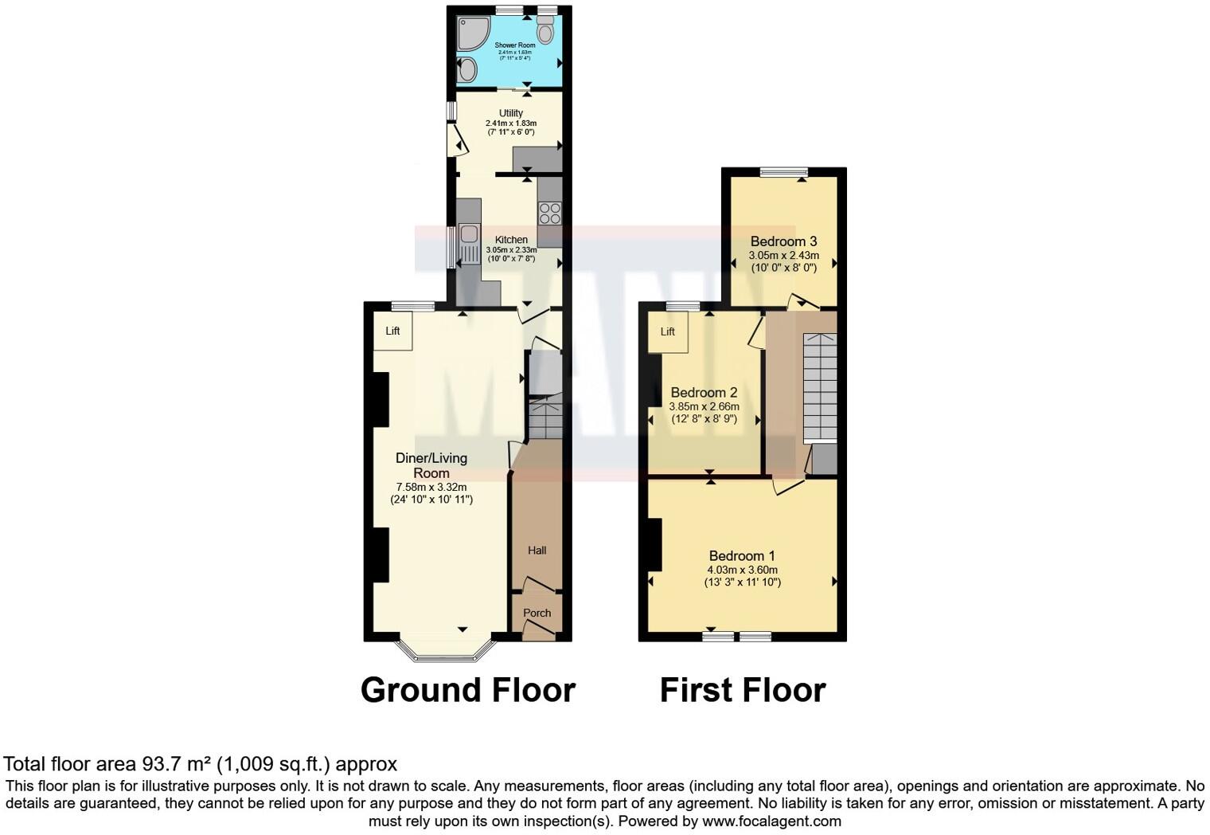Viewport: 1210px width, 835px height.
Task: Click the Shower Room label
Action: pos(514,45)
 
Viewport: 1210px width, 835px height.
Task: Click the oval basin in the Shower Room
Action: pos(466,69)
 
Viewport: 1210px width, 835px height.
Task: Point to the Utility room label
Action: pos(511,113)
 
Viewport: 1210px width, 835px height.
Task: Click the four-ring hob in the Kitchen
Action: pos(549,213)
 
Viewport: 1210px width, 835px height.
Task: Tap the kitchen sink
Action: pos(467,233)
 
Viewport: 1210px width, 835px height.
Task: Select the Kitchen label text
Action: pos(511,240)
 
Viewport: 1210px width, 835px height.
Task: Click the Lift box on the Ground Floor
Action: pos(393,331)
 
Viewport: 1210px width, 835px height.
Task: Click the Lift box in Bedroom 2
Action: pos(667,331)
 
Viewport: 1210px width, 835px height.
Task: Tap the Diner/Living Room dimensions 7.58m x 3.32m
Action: pos(431,487)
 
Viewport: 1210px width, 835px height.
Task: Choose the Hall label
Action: pos(537,550)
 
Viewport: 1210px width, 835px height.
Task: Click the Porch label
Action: pos(537,613)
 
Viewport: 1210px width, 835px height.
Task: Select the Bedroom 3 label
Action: pos(783,241)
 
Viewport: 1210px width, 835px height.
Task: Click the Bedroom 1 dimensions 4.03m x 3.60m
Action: pos(742,570)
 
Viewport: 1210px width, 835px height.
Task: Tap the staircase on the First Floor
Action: pos(819,386)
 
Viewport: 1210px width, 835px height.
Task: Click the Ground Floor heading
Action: pos(467,690)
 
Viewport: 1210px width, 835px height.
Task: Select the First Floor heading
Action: pos(742,690)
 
